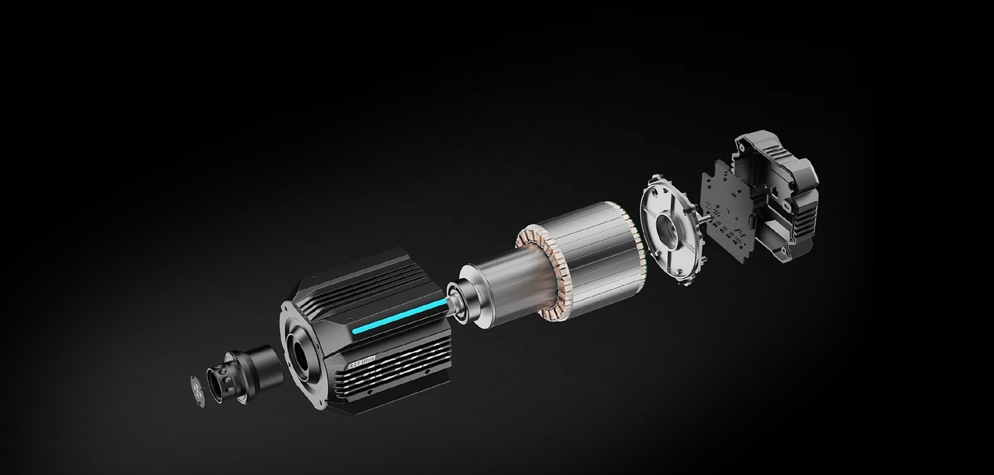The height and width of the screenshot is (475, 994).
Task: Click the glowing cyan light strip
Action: click(x=399, y=316)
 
